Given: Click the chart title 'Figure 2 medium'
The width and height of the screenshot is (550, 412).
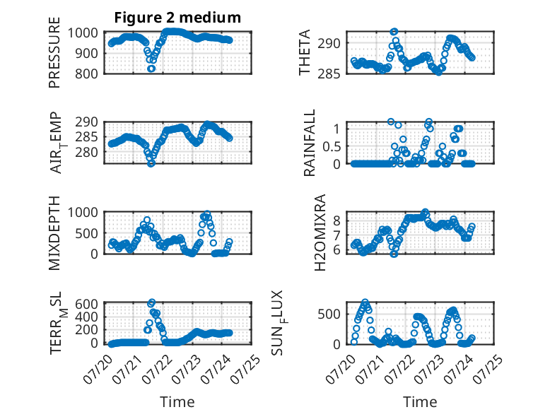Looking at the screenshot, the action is click(x=177, y=18).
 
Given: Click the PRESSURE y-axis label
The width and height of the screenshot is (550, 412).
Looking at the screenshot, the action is click(x=54, y=52).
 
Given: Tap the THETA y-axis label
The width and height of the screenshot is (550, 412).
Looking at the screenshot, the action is click(x=305, y=52).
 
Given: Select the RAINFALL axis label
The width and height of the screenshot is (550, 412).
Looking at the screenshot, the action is click(x=310, y=143).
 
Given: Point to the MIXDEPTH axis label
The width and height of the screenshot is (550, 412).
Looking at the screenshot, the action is click(x=54, y=233).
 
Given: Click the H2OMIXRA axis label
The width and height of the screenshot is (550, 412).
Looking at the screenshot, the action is click(x=320, y=233).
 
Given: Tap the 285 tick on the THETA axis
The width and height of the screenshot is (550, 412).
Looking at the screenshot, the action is click(x=329, y=74).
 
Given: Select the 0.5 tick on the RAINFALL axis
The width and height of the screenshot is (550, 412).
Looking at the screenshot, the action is click(x=332, y=146).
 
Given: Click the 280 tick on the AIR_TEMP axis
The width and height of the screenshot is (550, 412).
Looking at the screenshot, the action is click(x=86, y=153).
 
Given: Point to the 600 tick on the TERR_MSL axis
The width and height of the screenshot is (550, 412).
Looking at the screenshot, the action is click(x=86, y=304).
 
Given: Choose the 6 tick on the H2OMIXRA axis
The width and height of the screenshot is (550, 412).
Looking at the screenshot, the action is click(x=337, y=250).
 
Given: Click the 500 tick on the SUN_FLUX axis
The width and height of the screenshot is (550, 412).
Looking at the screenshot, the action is click(x=329, y=314).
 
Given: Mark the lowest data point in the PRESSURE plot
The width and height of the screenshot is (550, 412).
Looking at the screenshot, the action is click(x=151, y=69).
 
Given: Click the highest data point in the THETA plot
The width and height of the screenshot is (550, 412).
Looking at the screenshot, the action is click(x=394, y=32).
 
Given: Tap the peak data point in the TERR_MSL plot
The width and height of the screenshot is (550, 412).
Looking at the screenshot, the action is click(x=152, y=302).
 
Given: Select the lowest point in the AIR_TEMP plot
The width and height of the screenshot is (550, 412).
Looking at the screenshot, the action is click(x=151, y=163).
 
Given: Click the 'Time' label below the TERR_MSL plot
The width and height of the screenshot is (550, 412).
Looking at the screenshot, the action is click(x=177, y=402).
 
